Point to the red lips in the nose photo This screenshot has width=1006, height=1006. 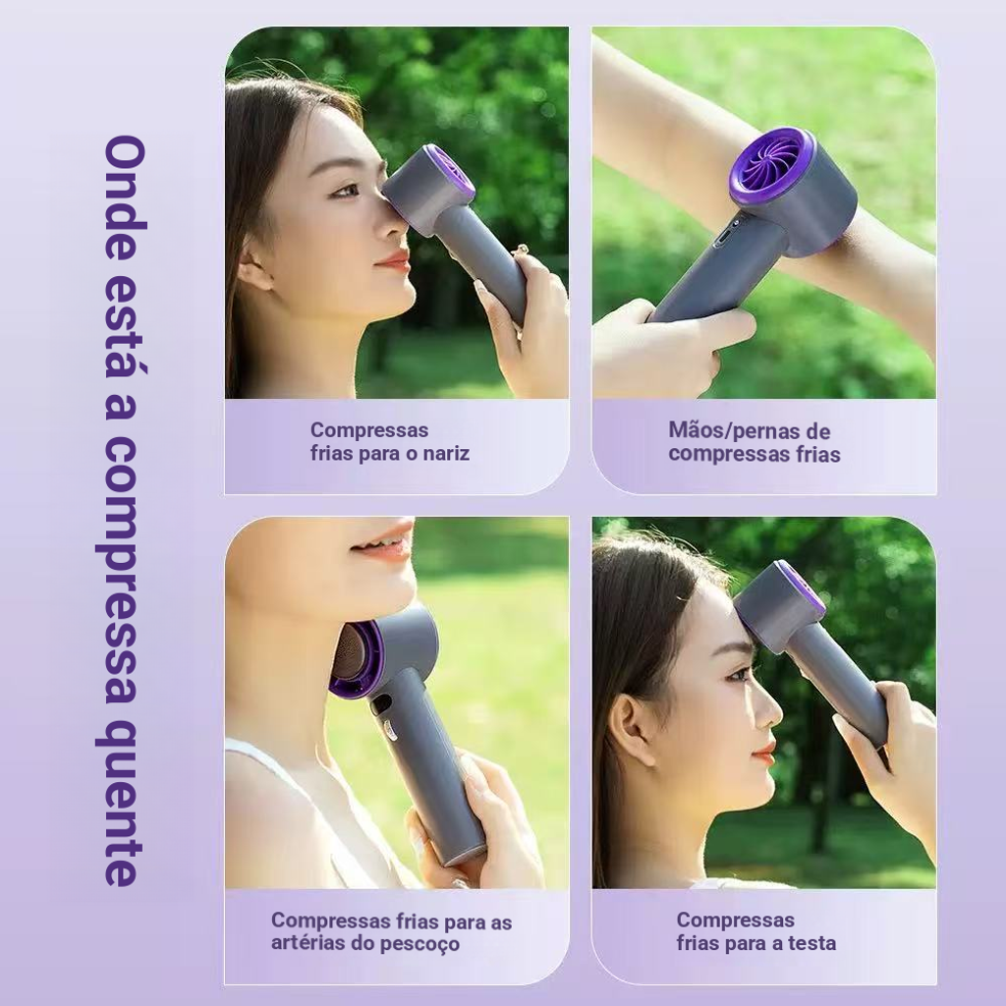click(x=394, y=261)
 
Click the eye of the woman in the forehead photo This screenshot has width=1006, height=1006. click(x=738, y=674)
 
